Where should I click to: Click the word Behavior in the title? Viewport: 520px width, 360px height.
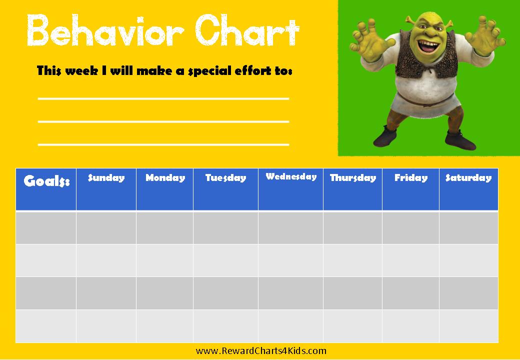[x=105, y=30]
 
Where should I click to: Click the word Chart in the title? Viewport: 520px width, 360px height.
[x=247, y=30]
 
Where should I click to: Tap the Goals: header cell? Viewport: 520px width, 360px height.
[x=46, y=189]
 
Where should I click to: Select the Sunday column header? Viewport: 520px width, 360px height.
[x=106, y=189]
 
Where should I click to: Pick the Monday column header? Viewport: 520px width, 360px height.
[x=165, y=189]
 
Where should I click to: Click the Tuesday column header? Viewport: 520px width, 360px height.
[x=226, y=189]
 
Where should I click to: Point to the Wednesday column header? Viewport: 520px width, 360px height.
[x=291, y=189]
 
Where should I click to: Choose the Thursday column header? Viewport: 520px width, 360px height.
[x=353, y=189]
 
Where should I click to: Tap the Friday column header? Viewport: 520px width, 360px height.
[x=411, y=189]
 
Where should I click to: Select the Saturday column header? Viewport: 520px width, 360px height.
[x=468, y=189]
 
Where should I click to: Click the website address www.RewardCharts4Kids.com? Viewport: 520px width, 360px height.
[x=261, y=351]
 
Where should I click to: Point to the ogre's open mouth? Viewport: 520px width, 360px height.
[x=429, y=45]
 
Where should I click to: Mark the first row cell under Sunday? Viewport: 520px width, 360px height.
[x=106, y=227]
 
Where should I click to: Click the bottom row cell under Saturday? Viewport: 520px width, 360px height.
[x=468, y=326]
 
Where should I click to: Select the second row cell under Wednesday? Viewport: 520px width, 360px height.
[x=291, y=260]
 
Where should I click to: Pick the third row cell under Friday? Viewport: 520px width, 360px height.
[x=411, y=293]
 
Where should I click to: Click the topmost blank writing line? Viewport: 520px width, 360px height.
[x=163, y=98]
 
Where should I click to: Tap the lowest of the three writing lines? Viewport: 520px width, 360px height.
[x=163, y=144]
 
